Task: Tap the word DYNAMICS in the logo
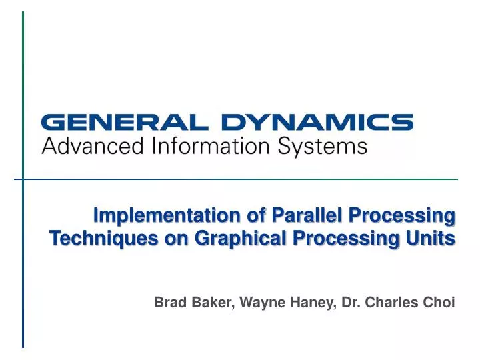coord(317,123)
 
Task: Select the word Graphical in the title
coord(241,238)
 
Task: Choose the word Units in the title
coord(437,237)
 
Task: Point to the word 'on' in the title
coord(176,238)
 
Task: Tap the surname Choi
coord(439,302)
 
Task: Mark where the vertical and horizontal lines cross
coord(23,179)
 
